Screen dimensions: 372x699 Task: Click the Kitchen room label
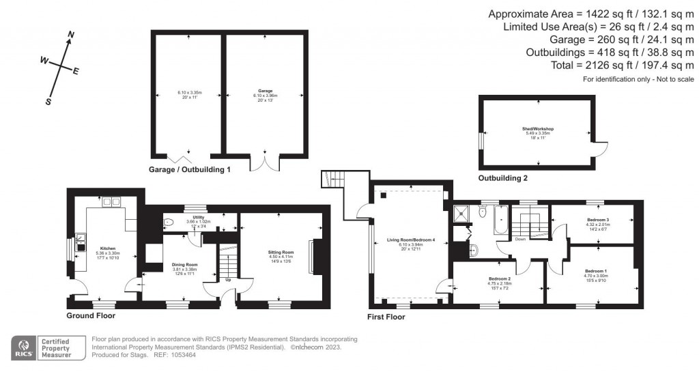108,248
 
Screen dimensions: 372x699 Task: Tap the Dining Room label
184,264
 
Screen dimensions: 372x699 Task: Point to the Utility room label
199,218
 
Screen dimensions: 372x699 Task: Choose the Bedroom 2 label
500,278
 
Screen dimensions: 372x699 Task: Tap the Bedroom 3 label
597,220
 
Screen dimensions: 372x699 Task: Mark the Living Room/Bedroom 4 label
411,240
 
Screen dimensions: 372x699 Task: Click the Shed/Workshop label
539,128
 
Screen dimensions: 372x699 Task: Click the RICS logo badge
23,348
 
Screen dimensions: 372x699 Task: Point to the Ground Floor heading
91,316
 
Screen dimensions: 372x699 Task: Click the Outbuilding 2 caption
503,177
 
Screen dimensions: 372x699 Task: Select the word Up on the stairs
227,279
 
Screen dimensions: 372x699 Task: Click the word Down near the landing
520,239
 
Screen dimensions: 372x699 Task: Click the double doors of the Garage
265,162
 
